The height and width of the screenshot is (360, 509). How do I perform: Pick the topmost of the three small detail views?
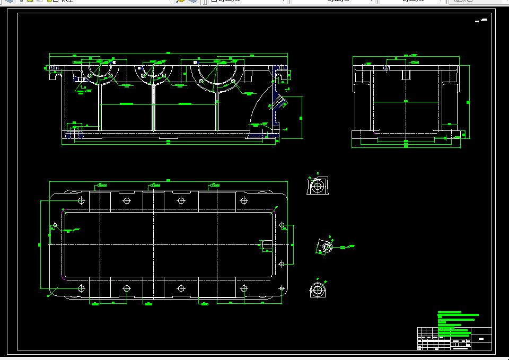[x=318, y=186]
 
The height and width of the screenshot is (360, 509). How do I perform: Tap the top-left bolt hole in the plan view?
[x=81, y=200]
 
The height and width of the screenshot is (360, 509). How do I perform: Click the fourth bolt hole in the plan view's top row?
[x=244, y=200]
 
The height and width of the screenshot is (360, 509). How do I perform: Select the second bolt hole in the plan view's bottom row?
[x=126, y=288]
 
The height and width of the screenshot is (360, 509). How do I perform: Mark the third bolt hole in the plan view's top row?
[x=181, y=200]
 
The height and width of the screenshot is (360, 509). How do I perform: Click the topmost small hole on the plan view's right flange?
[x=283, y=226]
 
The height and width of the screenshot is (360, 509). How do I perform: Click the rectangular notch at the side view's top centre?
[x=406, y=74]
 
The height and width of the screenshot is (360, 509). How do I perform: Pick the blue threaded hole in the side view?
[x=387, y=68]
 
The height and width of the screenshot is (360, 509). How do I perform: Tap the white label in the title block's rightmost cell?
[x=481, y=338]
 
